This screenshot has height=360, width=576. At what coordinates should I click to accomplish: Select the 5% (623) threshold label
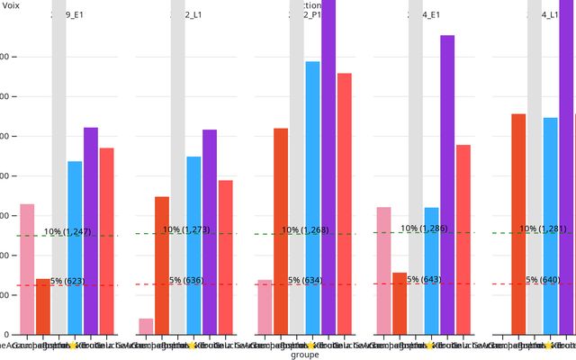[x=67, y=282]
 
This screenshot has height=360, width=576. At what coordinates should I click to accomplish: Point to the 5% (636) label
[x=186, y=281]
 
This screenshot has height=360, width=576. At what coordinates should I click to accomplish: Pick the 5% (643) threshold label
[x=424, y=280]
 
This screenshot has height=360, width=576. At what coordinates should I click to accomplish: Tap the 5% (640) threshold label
[x=544, y=280]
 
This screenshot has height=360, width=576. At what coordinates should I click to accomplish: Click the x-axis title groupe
[x=305, y=355]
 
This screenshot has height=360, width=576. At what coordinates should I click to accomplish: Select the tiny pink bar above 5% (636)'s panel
[x=146, y=326]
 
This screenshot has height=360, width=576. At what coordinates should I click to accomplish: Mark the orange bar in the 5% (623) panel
[x=43, y=306]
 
